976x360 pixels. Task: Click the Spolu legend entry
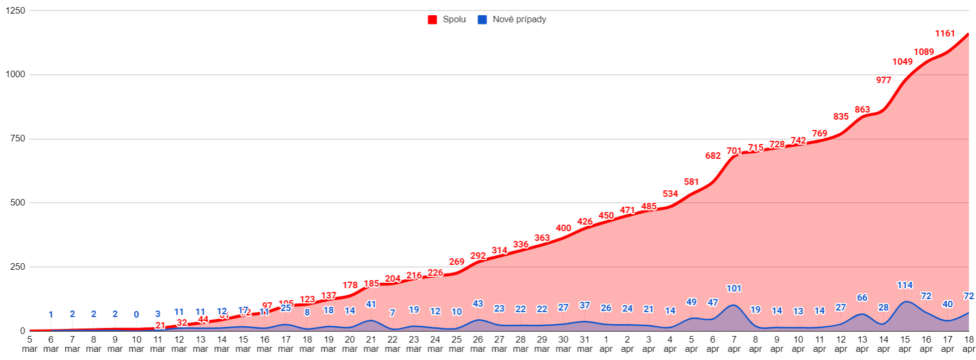[x=447, y=20]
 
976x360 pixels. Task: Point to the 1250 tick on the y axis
[x=15, y=10]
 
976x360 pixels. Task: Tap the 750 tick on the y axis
[x=17, y=139]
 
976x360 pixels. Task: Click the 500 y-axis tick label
[x=17, y=203]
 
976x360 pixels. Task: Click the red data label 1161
[x=944, y=34]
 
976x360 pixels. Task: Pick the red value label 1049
[x=902, y=62]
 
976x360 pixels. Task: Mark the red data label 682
[x=712, y=156]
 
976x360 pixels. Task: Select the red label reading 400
[x=563, y=228]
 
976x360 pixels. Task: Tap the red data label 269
[x=456, y=262]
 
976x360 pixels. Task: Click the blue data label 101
[x=733, y=289]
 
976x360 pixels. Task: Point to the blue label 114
[x=904, y=285]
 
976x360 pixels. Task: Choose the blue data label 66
[x=862, y=298]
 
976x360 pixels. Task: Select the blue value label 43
[x=477, y=304]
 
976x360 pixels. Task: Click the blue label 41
[x=371, y=305]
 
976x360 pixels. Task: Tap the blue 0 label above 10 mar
[x=136, y=315]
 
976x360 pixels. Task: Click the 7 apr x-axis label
[x=733, y=344]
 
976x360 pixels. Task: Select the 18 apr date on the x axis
[x=968, y=344]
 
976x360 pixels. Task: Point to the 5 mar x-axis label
[x=29, y=344]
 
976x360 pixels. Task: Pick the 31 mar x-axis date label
[x=585, y=344]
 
